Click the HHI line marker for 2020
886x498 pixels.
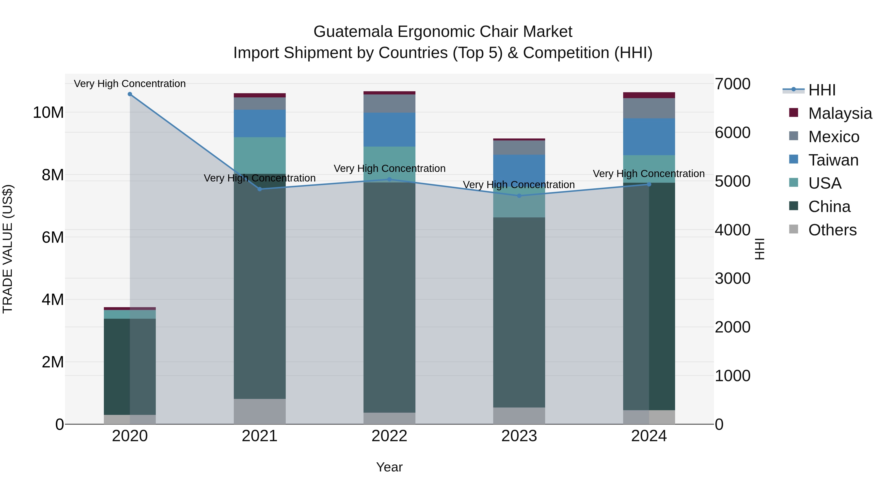(x=130, y=94)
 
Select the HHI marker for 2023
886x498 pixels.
(x=519, y=196)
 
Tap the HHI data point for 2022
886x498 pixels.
(x=389, y=180)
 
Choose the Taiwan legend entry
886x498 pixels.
(x=833, y=160)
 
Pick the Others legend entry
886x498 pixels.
(x=832, y=230)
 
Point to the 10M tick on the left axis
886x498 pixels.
(x=48, y=113)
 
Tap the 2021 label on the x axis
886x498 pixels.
(x=259, y=436)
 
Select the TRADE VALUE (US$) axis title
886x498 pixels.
(x=8, y=249)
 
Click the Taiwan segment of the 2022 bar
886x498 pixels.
(x=389, y=130)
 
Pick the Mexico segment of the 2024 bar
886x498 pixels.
(x=649, y=108)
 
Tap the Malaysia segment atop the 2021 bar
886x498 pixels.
(x=259, y=95)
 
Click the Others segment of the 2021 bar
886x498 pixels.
(x=259, y=411)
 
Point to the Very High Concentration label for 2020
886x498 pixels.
(x=130, y=84)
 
